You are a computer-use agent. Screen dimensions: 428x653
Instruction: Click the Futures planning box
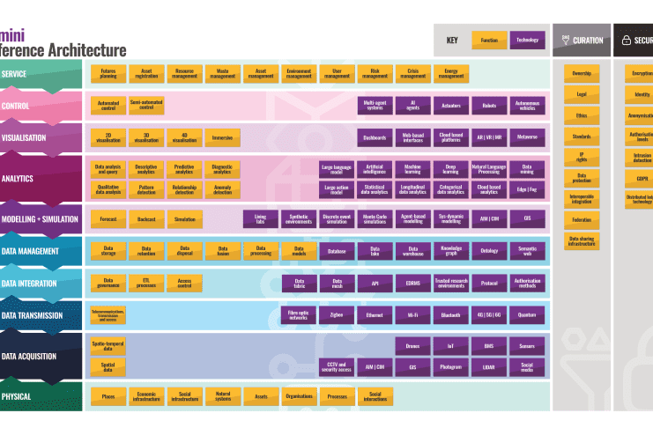[x=108, y=73]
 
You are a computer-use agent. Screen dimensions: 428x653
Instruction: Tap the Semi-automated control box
[x=146, y=106]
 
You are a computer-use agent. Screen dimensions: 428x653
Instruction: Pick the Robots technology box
[x=488, y=106]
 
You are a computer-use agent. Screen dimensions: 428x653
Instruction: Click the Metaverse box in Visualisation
[x=527, y=138]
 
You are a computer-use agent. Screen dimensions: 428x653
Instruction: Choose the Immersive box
[x=222, y=138]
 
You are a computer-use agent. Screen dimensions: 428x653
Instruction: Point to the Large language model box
[x=336, y=167]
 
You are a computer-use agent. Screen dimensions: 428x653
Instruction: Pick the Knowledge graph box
[x=450, y=252]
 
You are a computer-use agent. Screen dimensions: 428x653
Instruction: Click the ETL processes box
[x=146, y=284]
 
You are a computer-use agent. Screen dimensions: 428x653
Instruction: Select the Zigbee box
[x=336, y=314]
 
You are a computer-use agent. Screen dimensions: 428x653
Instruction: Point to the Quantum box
[x=527, y=314]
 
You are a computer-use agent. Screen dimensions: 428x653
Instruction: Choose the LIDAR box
[x=488, y=367]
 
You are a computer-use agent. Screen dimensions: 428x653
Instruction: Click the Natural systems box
[x=222, y=396]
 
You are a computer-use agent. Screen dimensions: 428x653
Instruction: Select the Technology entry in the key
[x=527, y=41]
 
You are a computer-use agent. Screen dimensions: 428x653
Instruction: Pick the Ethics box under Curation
[x=582, y=114]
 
